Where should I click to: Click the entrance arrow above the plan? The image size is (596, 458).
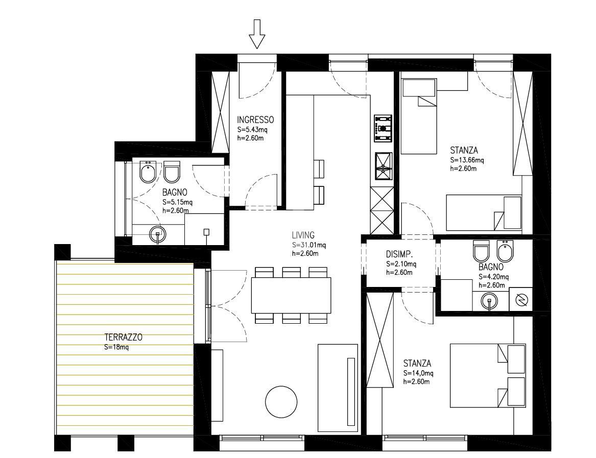(256, 34)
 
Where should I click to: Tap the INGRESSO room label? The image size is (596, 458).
(255, 119)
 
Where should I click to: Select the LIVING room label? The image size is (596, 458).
(303, 235)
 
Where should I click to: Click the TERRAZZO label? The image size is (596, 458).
(124, 337)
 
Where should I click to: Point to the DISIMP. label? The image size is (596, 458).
(399, 254)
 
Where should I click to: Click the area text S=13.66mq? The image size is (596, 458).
(467, 160)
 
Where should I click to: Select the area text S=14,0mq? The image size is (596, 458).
(418, 373)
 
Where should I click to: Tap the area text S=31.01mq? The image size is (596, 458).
(309, 245)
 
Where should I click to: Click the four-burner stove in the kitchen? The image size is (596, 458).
(383, 129)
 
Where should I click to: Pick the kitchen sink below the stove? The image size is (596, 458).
(383, 166)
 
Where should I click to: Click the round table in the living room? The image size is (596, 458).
(281, 402)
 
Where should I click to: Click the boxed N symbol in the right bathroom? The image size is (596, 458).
(521, 300)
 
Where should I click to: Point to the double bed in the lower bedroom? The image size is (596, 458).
(488, 375)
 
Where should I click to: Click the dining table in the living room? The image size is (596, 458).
(291, 295)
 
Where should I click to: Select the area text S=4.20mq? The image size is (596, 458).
(493, 276)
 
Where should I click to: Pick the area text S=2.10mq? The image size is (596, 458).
(401, 264)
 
